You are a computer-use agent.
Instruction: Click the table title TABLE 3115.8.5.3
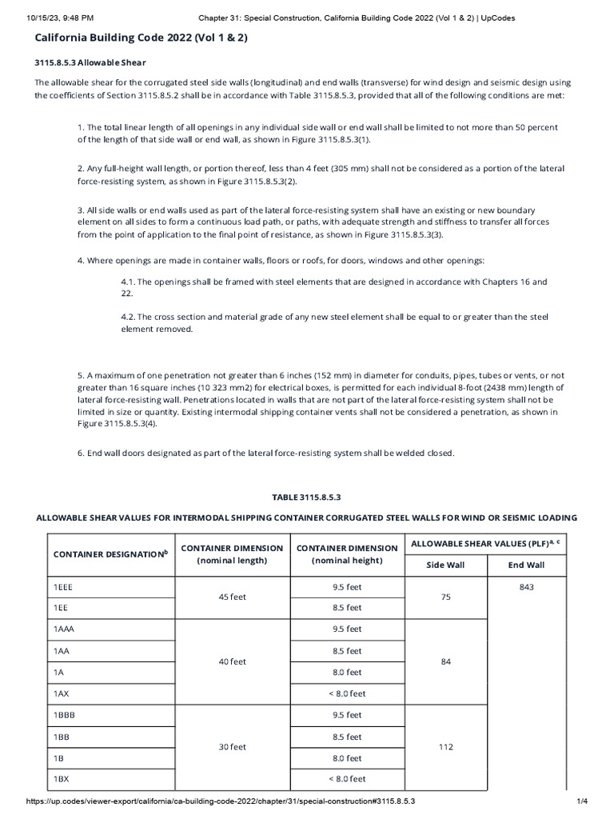(x=307, y=497)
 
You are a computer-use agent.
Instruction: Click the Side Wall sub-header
(x=446, y=564)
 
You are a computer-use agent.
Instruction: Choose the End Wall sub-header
(x=526, y=564)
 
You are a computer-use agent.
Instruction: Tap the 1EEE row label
(x=64, y=586)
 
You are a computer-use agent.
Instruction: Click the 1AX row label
(x=62, y=693)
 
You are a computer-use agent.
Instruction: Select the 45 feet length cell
(x=233, y=597)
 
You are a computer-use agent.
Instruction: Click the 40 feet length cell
(x=233, y=661)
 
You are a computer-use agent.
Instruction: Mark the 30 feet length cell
(x=233, y=747)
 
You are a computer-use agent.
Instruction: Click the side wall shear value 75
(x=446, y=597)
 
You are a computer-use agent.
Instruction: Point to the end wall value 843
(x=526, y=586)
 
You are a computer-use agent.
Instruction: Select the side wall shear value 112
(x=446, y=747)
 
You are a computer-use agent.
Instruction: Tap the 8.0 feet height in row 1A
(x=347, y=672)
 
